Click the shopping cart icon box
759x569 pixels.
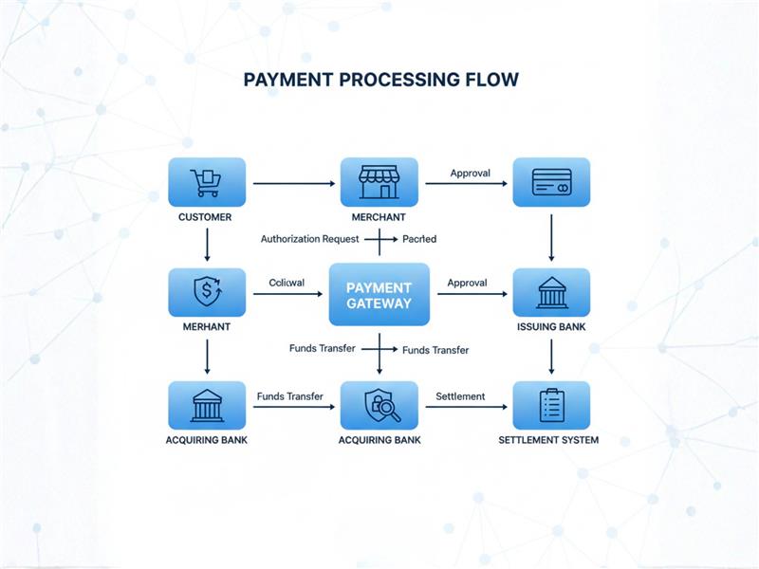click(206, 182)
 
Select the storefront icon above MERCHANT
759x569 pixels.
click(379, 182)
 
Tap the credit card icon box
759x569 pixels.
click(551, 182)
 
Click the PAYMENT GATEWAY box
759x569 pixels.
click(379, 295)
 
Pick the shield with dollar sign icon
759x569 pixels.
click(206, 292)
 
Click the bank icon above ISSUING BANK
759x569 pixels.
click(551, 292)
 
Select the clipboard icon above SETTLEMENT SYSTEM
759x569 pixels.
click(551, 405)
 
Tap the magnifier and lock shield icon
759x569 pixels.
click(379, 405)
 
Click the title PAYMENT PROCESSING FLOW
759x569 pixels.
click(380, 80)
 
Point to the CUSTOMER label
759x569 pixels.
click(205, 217)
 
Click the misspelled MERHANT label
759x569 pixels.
click(206, 327)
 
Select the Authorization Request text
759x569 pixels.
click(309, 240)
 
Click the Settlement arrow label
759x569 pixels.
click(460, 396)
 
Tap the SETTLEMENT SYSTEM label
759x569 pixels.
click(548, 440)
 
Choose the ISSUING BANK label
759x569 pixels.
click(551, 327)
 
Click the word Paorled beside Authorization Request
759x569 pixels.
click(419, 240)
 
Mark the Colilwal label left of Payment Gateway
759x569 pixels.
click(287, 283)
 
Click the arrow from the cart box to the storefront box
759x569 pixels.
click(295, 183)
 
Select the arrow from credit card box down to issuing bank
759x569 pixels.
click(551, 237)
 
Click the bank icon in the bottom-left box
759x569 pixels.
click(206, 405)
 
